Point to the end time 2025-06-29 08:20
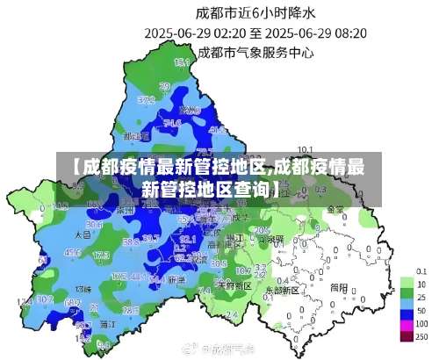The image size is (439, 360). coord(316,32)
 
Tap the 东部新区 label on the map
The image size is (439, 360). coord(282,289)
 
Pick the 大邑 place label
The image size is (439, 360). coord(83,235)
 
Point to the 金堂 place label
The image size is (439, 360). coord(335,210)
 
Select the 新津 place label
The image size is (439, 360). coord(176,279)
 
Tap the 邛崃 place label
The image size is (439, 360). coord(83,288)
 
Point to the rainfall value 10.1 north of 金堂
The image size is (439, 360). coord(306,148)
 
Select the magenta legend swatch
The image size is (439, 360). coord(407,324)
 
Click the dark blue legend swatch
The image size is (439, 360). coord(407,311)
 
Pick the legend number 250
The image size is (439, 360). coord(421,337)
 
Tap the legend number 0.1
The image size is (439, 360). coord(421,272)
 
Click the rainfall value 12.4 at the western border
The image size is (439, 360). coord(24,301)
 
